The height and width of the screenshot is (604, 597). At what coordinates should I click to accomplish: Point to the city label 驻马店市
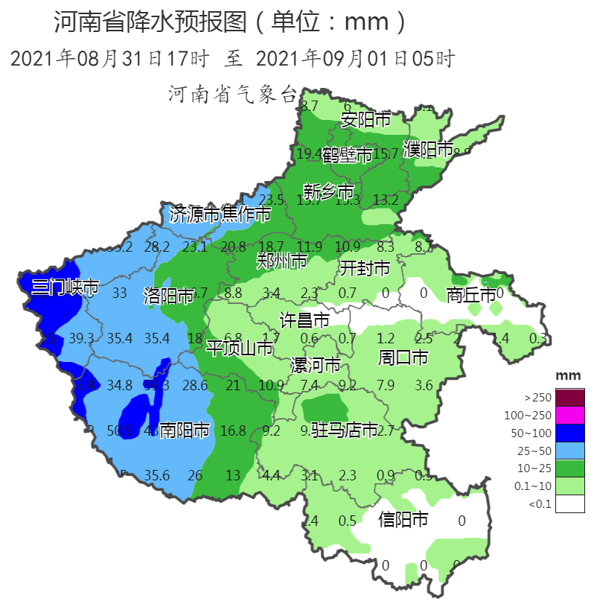point(345,430)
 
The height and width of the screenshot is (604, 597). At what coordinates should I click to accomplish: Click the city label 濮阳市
point(428,149)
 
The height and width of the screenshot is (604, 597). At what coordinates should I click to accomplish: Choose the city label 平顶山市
point(240,348)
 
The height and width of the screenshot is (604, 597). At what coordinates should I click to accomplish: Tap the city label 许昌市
point(304,321)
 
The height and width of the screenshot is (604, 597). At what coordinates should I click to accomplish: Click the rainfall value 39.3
point(81,339)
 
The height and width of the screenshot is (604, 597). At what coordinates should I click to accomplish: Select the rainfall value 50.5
point(119,430)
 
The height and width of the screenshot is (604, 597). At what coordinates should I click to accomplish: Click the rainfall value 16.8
point(233,430)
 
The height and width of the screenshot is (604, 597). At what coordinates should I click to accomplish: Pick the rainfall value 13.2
point(386,200)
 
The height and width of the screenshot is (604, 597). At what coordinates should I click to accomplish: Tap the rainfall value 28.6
point(195,385)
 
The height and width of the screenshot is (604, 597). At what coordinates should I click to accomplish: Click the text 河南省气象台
point(233,95)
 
